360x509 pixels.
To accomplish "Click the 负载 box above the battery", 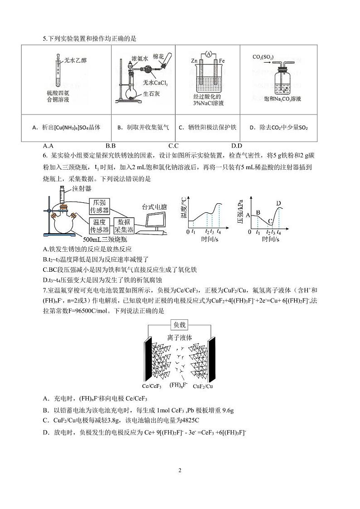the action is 180,325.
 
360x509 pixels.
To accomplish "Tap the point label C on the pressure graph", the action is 270,221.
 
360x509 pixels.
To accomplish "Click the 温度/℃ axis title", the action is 183,208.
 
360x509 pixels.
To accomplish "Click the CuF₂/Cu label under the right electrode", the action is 203,387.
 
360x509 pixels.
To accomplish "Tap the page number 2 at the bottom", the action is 180,470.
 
